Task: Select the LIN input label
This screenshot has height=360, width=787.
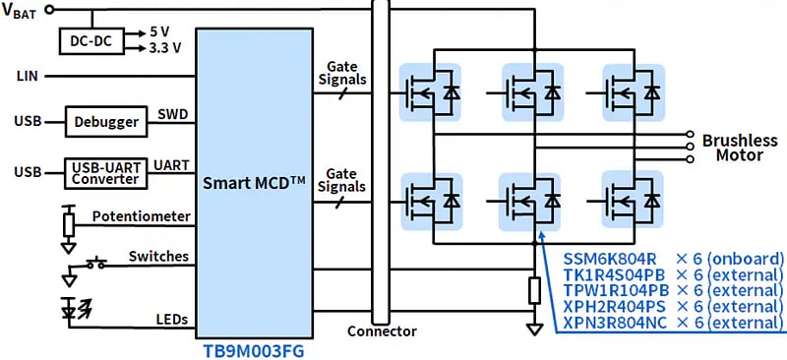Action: [27, 76]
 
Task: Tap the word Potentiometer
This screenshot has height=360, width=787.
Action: [141, 215]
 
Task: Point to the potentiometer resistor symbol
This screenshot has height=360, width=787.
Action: [68, 224]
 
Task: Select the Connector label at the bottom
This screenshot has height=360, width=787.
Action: [382, 331]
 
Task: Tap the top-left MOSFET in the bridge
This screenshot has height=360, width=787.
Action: [428, 91]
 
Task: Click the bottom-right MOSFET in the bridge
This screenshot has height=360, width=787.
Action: [633, 201]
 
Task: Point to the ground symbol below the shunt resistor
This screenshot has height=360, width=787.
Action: [534, 330]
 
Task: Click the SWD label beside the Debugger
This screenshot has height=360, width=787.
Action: [172, 115]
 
